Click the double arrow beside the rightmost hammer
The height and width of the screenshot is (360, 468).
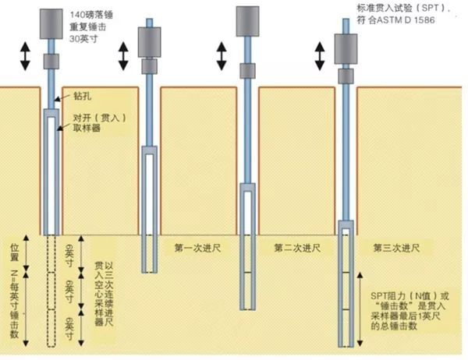coord(320,55)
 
